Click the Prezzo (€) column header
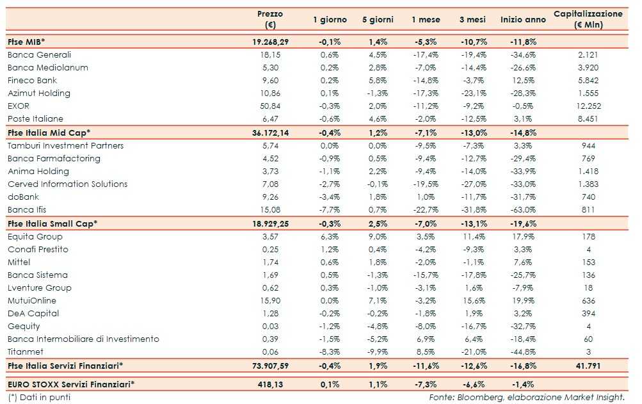coord(269,19)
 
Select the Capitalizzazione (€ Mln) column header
coord(588,19)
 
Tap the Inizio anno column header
coord(523,20)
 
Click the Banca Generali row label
coord(39,54)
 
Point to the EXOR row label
coord(19,106)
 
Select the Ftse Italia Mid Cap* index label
coord(49,133)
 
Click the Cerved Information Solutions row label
coord(67,184)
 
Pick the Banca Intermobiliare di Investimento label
coord(83,339)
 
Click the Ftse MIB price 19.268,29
coord(269,42)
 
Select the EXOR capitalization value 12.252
coord(587,106)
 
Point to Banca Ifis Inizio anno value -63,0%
coord(523,209)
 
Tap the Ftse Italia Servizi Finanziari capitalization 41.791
coord(587,366)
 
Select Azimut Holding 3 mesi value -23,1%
coord(474,93)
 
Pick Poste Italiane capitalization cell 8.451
coord(587,118)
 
